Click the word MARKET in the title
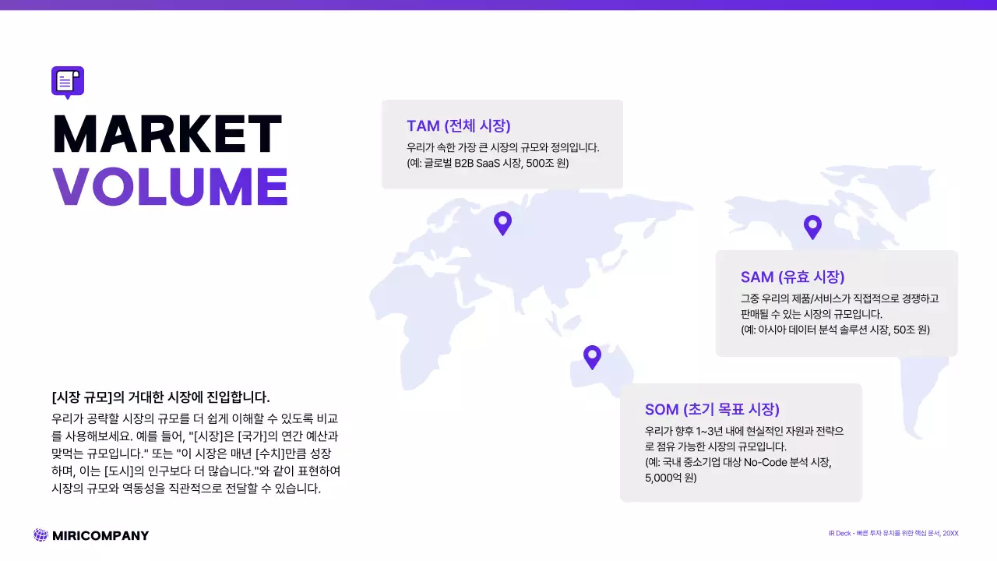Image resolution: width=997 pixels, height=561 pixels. [167, 134]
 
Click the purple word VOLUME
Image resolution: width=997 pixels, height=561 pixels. [170, 186]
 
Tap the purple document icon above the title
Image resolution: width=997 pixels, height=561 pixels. [67, 81]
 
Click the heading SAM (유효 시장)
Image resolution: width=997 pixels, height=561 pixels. [792, 277]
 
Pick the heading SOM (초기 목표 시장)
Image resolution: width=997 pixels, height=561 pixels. [712, 410]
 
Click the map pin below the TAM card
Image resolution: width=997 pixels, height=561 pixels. [503, 224]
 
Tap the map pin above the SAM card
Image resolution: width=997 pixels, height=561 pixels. [812, 227]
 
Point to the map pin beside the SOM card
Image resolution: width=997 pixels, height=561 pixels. [592, 357]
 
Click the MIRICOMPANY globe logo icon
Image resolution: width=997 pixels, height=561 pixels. [41, 535]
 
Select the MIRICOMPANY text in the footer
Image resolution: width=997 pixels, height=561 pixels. [100, 535]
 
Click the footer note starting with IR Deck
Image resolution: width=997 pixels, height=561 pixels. [893, 533]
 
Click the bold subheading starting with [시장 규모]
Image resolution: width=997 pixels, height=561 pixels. [160, 397]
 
